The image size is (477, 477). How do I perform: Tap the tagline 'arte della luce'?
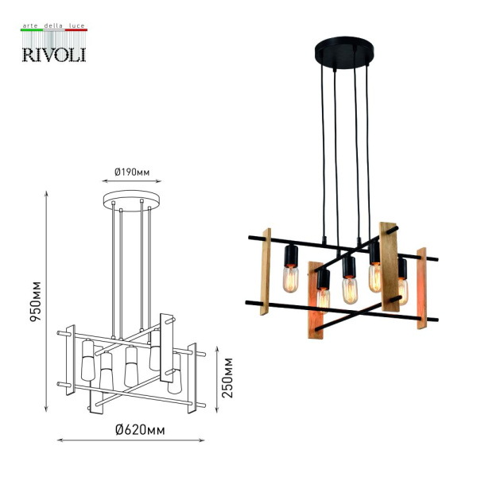point(53,26)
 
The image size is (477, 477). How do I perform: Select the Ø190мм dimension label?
point(132,172)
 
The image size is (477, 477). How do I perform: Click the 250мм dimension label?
point(228,378)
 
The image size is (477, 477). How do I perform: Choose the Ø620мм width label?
point(140,430)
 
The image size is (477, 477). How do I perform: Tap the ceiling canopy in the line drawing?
point(132,199)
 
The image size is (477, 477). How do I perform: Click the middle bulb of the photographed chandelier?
point(347,289)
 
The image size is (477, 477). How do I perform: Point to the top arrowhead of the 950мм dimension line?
point(48,193)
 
